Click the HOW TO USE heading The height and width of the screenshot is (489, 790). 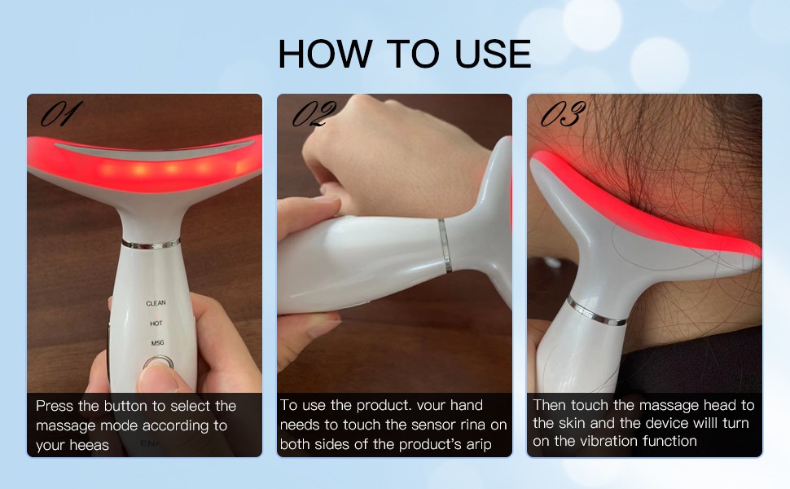coord(404,53)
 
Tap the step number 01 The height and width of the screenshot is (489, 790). coord(62,115)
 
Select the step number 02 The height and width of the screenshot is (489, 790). coord(314,115)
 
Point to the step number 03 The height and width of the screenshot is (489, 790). coord(563,115)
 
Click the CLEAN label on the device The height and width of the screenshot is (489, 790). coord(156,303)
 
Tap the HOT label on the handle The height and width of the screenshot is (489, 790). coord(156,324)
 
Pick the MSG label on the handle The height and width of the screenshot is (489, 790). coord(157,343)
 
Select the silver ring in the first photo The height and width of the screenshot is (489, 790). coord(151,243)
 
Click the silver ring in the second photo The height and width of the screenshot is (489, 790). coord(444,244)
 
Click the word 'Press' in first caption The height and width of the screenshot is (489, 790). coord(55,406)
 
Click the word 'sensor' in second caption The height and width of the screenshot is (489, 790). coord(441,425)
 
